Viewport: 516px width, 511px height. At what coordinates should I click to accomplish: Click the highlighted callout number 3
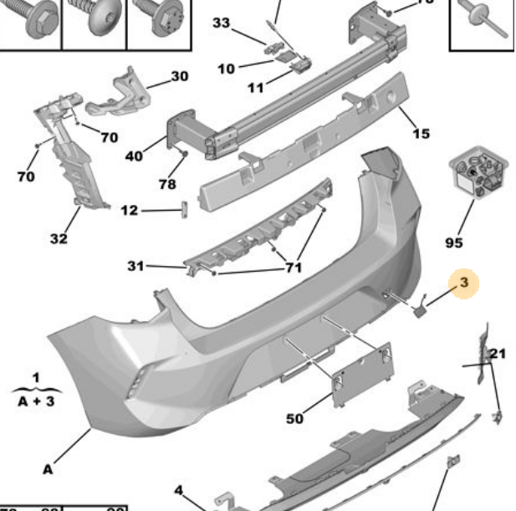point(464,284)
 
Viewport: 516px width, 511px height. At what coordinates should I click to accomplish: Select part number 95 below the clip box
point(453,243)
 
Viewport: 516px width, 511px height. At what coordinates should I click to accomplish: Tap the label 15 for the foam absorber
point(421,133)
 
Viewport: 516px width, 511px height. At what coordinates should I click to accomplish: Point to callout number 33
point(221,23)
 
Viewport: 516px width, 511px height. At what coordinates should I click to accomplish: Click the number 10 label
point(227,69)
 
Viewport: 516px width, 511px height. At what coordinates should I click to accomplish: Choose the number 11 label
point(256,87)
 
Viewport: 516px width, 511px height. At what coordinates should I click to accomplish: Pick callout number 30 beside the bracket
point(180,77)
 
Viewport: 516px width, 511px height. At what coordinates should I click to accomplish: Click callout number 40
point(134,155)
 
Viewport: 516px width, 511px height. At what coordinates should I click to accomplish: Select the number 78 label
point(167,184)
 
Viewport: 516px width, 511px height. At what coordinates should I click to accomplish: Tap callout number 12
point(129,211)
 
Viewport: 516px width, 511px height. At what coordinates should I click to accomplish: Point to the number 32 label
point(58,239)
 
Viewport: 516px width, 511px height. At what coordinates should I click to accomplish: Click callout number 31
point(135,266)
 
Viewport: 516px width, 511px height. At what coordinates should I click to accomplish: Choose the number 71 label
point(293,268)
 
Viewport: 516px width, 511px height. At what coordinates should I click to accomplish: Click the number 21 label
point(498,354)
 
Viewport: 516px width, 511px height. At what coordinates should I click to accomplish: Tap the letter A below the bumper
point(48,469)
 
